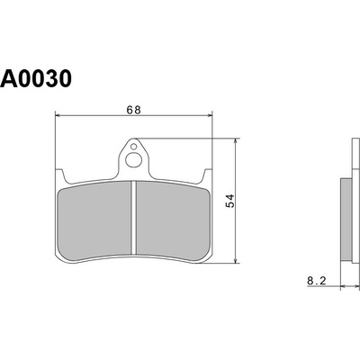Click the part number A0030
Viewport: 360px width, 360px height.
36,78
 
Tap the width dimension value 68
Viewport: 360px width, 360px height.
133,110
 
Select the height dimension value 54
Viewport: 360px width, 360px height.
230,201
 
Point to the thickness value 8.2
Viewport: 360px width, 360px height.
317,281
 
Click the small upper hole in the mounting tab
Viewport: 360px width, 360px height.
134,147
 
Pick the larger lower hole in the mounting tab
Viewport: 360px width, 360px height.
132,160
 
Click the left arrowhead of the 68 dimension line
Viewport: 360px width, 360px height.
58,115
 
